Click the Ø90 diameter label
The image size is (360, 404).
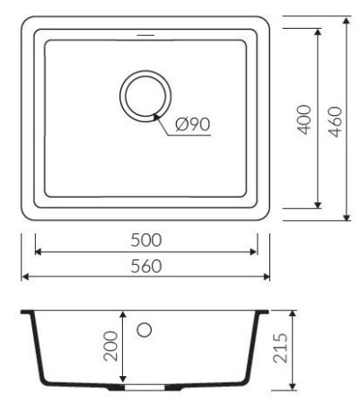193,124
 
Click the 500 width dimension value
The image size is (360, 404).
145,241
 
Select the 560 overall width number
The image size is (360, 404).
145,266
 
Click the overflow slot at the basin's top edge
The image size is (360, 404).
144,37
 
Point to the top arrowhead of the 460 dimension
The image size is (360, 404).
348,19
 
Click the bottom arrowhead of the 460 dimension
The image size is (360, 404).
348,218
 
